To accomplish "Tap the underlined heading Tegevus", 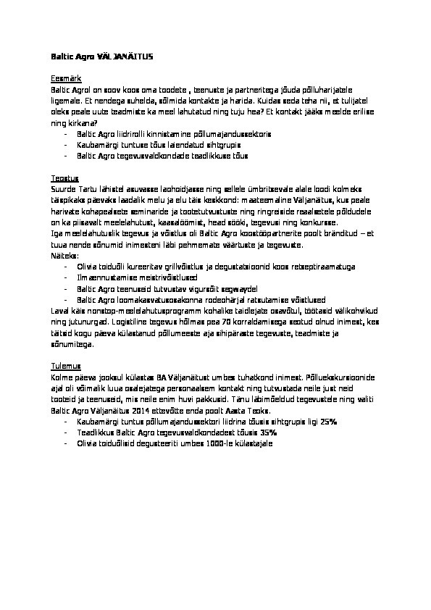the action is pyautogui.click(x=64, y=177).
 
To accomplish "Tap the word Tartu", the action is pyautogui.click(x=86, y=188).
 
